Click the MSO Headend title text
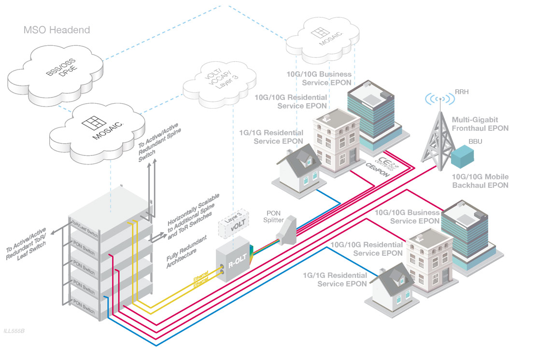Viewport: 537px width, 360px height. pos(57,30)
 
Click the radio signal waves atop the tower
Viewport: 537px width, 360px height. pos(441,99)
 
